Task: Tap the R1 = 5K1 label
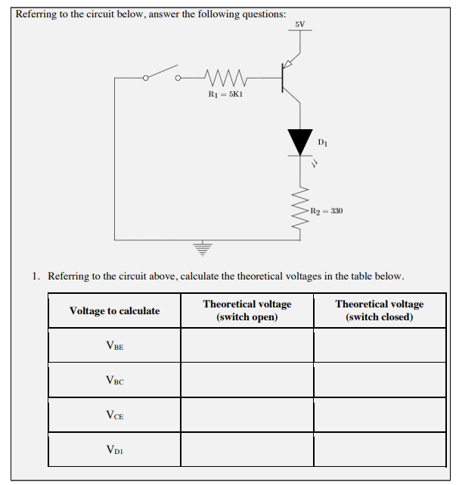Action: click(x=225, y=94)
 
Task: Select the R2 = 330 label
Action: click(x=327, y=211)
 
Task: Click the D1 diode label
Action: click(x=323, y=141)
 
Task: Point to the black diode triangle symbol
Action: click(x=300, y=141)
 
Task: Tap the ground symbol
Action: click(x=201, y=246)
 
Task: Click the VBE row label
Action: click(x=115, y=346)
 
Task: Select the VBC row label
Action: click(x=115, y=381)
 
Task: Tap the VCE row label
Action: click(x=115, y=415)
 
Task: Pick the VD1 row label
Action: click(x=115, y=449)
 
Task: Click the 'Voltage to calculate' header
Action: click(x=115, y=310)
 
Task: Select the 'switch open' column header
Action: click(x=247, y=310)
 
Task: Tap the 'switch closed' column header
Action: click(x=380, y=310)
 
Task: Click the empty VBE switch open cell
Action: click(x=247, y=346)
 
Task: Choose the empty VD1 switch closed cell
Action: click(x=380, y=449)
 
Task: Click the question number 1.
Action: click(x=36, y=276)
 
